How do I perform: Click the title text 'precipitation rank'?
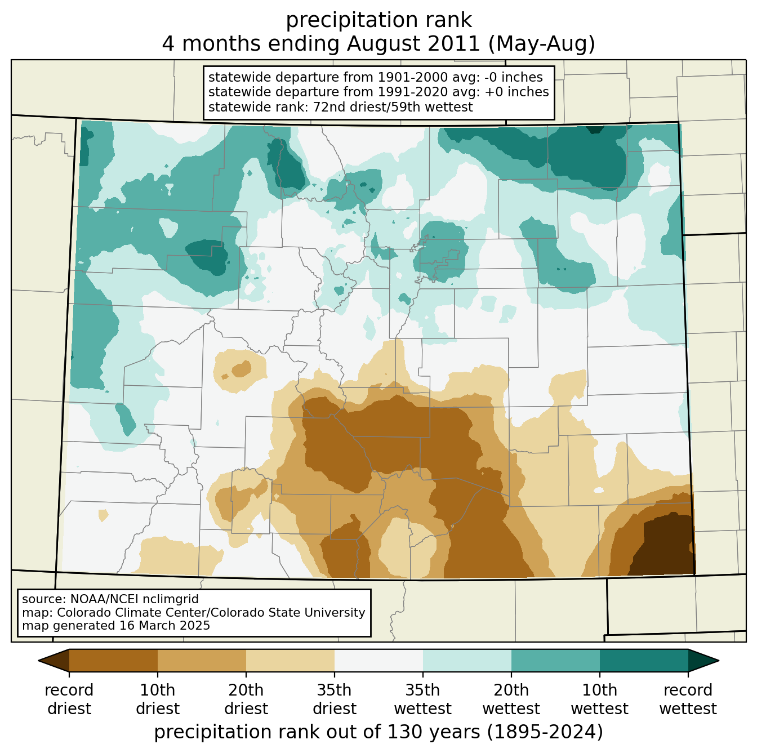379,20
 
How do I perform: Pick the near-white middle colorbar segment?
379,660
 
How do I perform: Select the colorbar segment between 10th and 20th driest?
202,660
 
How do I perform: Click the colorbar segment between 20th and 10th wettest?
555,660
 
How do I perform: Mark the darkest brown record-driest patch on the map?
664,546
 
